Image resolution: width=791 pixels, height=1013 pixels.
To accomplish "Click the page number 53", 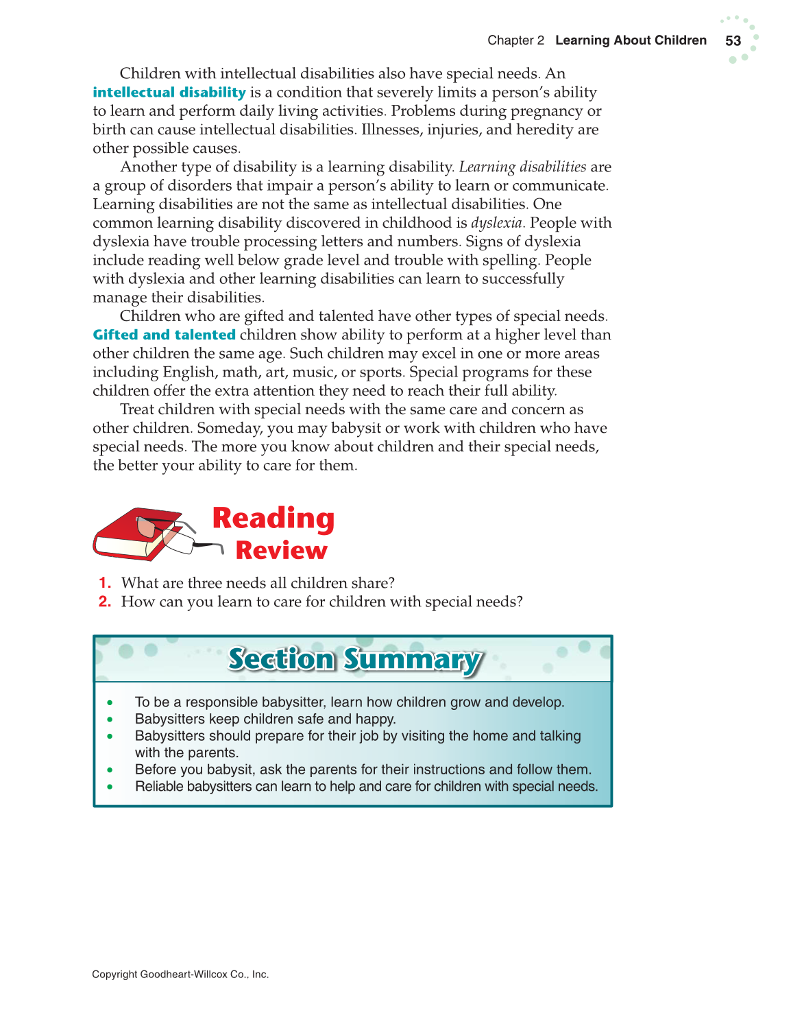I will point(733,40).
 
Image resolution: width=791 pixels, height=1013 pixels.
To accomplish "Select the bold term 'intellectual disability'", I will point(169,93).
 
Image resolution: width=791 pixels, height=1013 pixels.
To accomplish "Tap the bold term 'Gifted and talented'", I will point(165,335).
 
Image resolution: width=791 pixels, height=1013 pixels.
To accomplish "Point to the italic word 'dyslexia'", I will point(496,223).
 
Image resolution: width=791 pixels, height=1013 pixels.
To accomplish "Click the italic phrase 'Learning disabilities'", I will point(522,167).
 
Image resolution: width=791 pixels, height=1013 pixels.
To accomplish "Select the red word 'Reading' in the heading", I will point(273,519).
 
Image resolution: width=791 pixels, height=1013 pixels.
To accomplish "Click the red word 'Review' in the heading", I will point(281,551).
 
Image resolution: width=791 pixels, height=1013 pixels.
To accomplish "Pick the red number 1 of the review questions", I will point(104,583).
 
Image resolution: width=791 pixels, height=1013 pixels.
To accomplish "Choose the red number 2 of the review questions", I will point(104,601).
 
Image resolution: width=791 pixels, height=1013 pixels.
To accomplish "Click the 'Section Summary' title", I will point(355,659).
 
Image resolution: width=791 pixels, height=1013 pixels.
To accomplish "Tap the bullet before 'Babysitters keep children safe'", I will point(110,719).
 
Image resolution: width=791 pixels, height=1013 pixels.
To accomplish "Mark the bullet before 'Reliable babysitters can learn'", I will point(110,787).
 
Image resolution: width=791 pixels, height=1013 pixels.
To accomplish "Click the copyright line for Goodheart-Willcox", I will point(180,974).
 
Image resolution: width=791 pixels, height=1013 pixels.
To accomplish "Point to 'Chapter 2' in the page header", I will point(515,40).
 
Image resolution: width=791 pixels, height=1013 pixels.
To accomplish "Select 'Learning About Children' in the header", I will point(631,40).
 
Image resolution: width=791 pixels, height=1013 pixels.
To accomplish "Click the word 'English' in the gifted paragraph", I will point(190,372).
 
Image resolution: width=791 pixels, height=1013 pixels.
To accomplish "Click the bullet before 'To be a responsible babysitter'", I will point(110,702).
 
